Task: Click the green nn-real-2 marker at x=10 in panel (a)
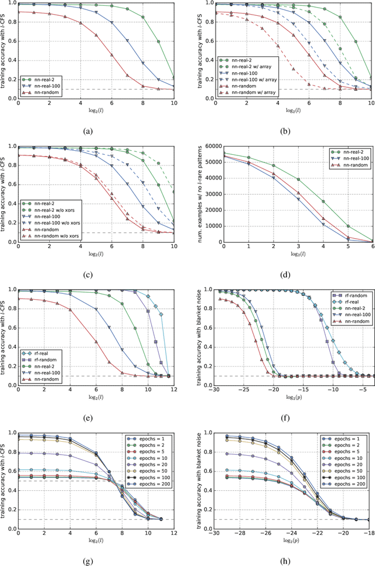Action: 174,77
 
